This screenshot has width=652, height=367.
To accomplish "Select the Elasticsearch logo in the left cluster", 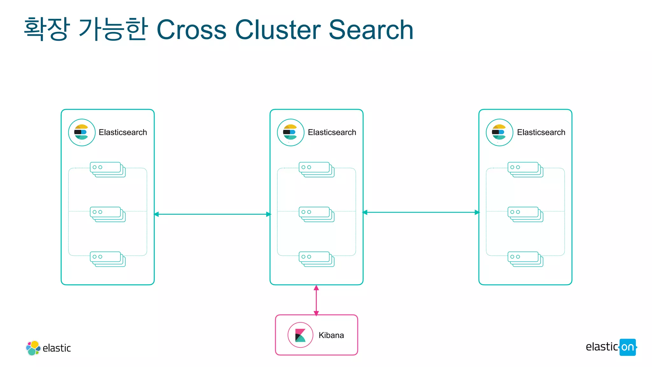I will click(x=81, y=133).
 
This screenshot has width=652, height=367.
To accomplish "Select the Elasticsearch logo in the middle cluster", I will click(x=290, y=133).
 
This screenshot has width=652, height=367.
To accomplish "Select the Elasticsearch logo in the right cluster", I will click(x=499, y=133).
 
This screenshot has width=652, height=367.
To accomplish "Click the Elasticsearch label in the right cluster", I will click(x=541, y=132).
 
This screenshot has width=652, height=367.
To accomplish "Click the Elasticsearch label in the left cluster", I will click(x=123, y=132).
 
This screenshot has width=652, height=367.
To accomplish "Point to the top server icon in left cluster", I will click(x=108, y=169).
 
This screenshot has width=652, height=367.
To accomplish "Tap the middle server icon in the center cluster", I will click(x=316, y=214).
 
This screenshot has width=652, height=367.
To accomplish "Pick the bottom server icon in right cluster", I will click(x=525, y=259).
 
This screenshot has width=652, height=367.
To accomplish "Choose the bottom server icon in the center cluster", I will click(x=316, y=259).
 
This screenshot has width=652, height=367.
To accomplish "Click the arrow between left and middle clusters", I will click(x=212, y=214).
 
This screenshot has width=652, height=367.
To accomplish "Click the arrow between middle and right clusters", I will click(x=421, y=212).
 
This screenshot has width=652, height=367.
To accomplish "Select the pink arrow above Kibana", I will click(x=316, y=300).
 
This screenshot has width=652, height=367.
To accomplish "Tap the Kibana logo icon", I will click(x=300, y=335).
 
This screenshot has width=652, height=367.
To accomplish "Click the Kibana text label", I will click(x=331, y=335).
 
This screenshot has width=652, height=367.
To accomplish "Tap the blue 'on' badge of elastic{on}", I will click(x=627, y=347).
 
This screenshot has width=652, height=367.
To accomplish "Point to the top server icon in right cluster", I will click(x=525, y=169).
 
